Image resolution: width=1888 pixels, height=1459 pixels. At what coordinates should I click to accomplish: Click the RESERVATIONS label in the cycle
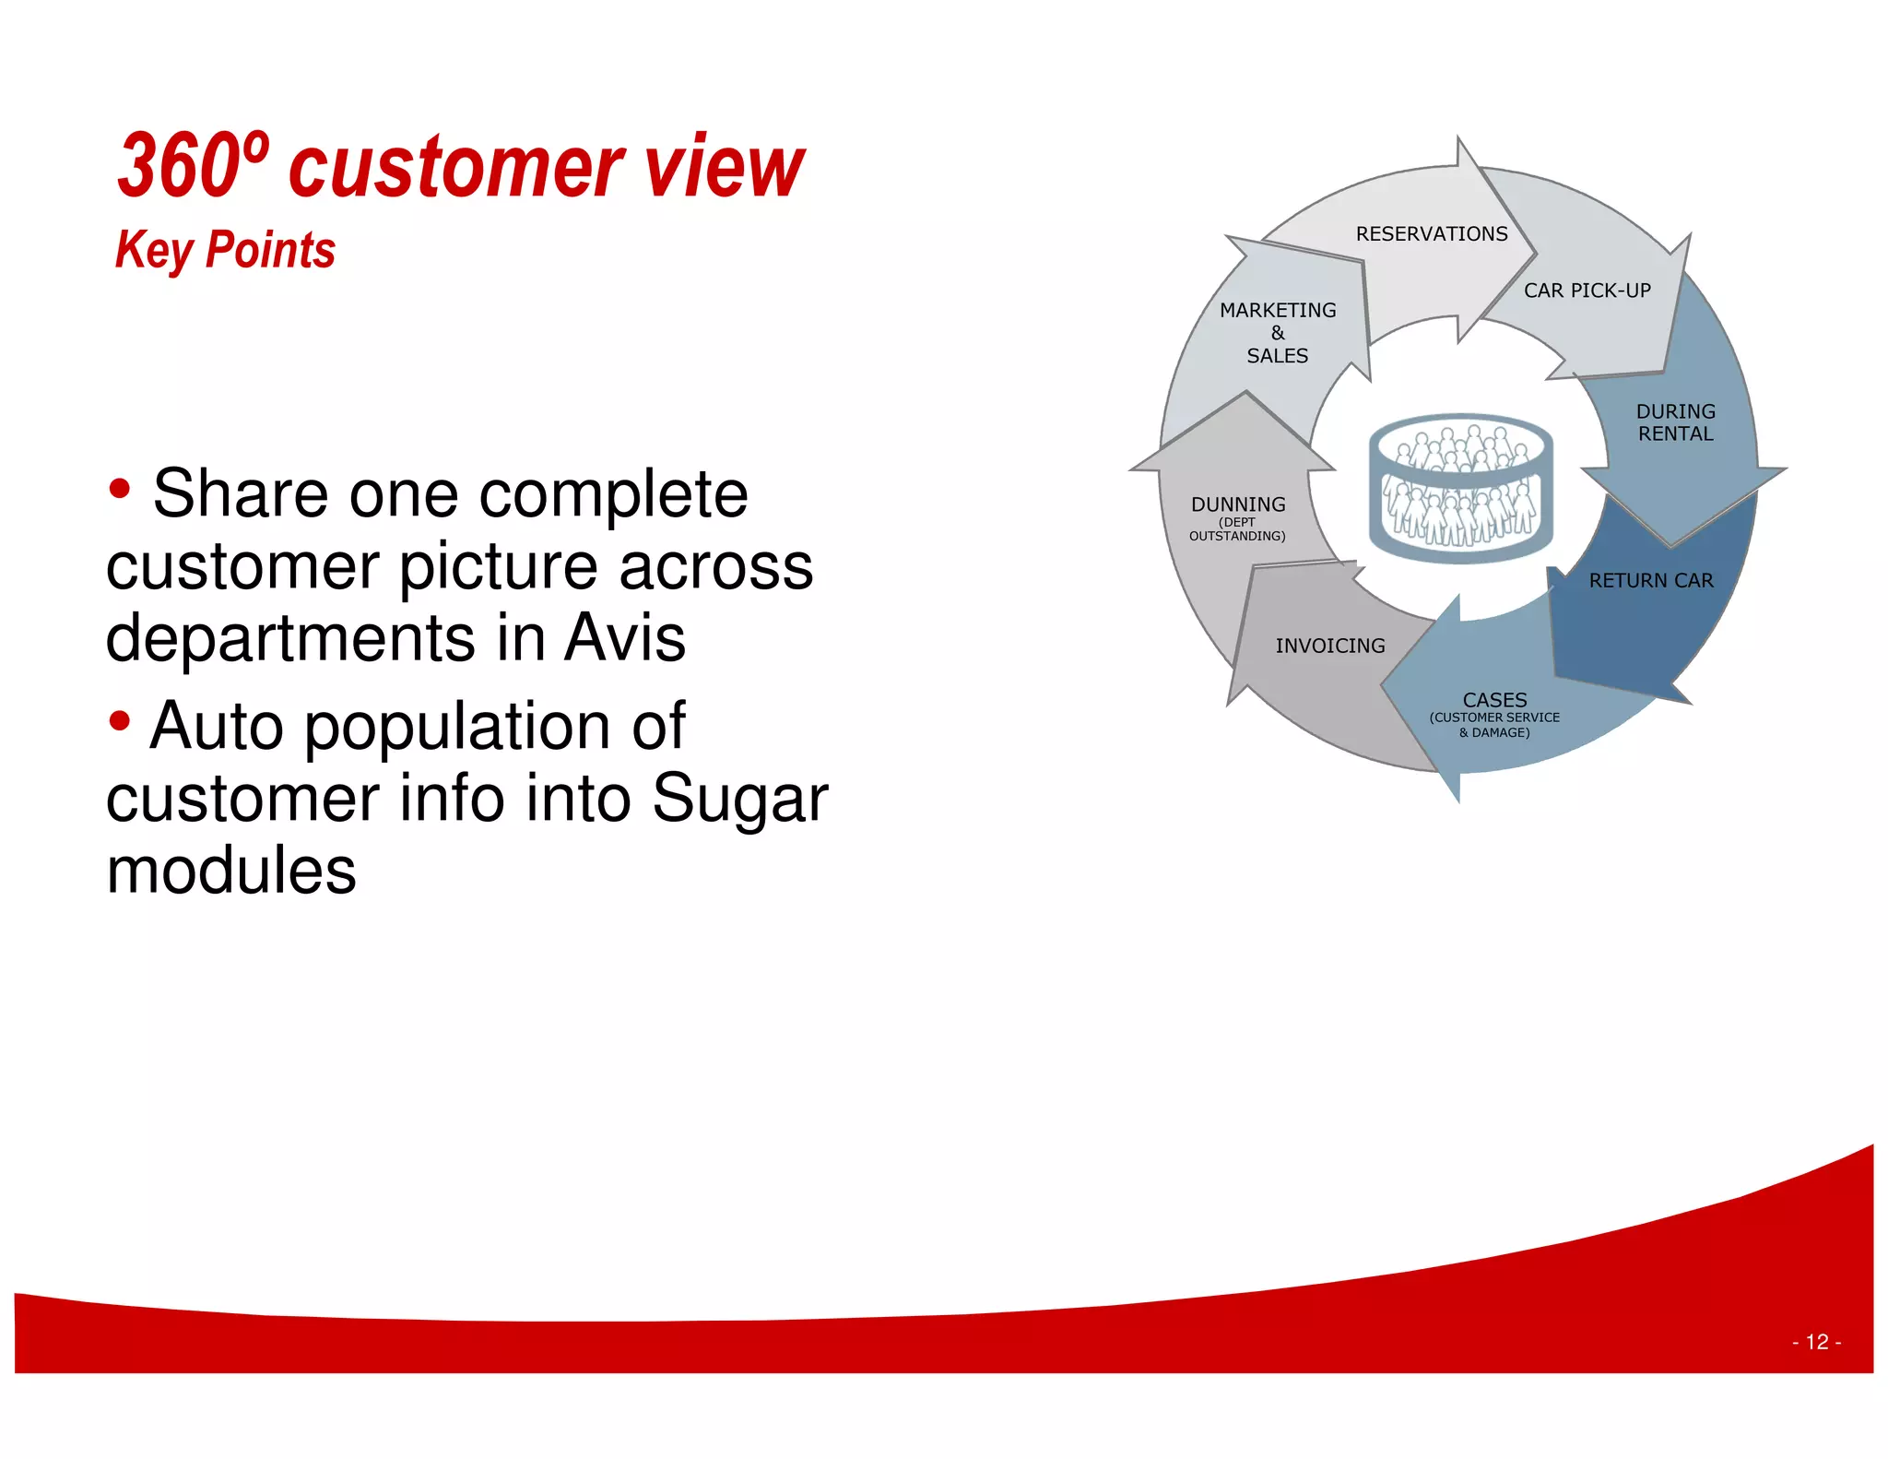(1431, 234)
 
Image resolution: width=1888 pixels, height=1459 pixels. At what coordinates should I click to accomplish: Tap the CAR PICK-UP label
(1587, 291)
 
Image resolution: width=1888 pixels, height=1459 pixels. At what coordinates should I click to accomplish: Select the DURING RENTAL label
(1675, 422)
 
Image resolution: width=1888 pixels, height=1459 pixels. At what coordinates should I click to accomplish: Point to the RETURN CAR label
(1650, 581)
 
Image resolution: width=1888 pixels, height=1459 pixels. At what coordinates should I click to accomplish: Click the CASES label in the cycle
(1494, 700)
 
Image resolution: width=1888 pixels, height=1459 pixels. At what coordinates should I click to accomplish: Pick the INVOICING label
(1329, 646)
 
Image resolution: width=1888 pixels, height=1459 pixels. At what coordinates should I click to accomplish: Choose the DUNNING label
(1237, 504)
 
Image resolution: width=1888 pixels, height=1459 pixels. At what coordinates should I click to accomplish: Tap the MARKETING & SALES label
(1277, 333)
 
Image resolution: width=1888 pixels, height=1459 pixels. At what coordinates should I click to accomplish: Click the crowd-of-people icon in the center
(1460, 489)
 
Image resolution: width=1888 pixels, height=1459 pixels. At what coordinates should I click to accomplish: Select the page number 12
(1816, 1342)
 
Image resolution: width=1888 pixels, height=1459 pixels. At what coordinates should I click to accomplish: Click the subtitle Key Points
(225, 250)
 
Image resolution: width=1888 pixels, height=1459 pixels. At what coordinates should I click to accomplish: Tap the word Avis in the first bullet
(624, 637)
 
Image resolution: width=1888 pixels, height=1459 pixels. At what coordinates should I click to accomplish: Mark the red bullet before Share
(119, 489)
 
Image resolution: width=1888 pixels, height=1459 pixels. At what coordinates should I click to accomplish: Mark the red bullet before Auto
(119, 721)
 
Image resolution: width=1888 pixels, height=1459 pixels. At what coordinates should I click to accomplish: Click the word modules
(230, 871)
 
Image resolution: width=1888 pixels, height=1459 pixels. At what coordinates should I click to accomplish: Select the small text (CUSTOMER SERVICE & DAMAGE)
(1493, 725)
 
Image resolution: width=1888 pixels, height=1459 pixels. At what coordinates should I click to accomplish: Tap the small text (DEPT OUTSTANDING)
(1236, 529)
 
